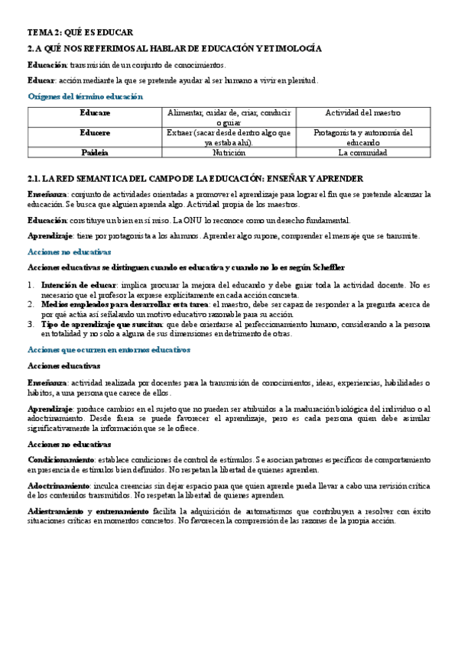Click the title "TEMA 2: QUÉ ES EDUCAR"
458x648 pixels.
tap(80, 32)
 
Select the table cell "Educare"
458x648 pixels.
tap(96, 112)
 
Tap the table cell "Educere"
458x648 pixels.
tap(96, 132)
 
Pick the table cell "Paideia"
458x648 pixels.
tap(96, 152)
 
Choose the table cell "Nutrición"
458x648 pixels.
tap(229, 152)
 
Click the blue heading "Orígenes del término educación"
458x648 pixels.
tap(85, 96)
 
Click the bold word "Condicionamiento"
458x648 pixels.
tap(60, 461)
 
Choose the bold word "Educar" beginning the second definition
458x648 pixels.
tap(41, 80)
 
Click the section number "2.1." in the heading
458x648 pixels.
tap(34, 178)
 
